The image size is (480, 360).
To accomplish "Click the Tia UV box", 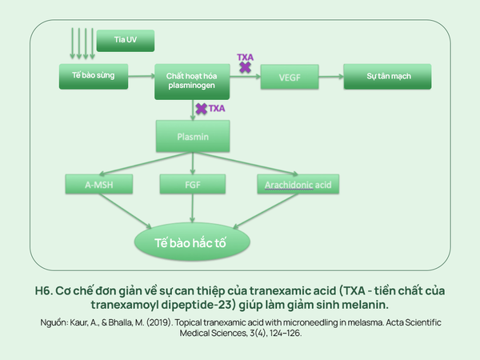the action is tap(126, 41).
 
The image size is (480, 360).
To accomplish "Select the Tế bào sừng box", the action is tap(94, 77).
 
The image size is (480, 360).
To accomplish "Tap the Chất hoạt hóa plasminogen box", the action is tap(192, 82).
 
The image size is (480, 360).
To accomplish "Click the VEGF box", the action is tap(290, 77).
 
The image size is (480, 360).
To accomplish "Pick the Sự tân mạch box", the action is tap(387, 77).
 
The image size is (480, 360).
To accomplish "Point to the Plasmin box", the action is tap(193, 136).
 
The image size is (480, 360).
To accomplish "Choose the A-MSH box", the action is tap(99, 184).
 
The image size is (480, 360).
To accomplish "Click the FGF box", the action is tap(193, 184).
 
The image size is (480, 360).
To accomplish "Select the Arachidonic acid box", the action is tap(298, 184).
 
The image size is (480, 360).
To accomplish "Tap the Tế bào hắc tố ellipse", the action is tap(192, 242).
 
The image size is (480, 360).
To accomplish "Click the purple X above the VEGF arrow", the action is tap(246, 67).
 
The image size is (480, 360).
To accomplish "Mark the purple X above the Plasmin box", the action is tap(202, 109).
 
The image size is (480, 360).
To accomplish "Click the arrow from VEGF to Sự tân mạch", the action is tap(331, 77).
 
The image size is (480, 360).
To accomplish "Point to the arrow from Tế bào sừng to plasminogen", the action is tap(142, 76).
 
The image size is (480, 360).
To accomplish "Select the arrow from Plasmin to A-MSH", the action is tap(146, 163).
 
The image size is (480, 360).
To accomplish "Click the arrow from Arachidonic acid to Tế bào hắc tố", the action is tap(266, 211).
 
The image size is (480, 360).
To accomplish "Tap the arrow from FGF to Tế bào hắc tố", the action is tap(193, 208).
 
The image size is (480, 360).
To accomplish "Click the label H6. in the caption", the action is tap(44, 291).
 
